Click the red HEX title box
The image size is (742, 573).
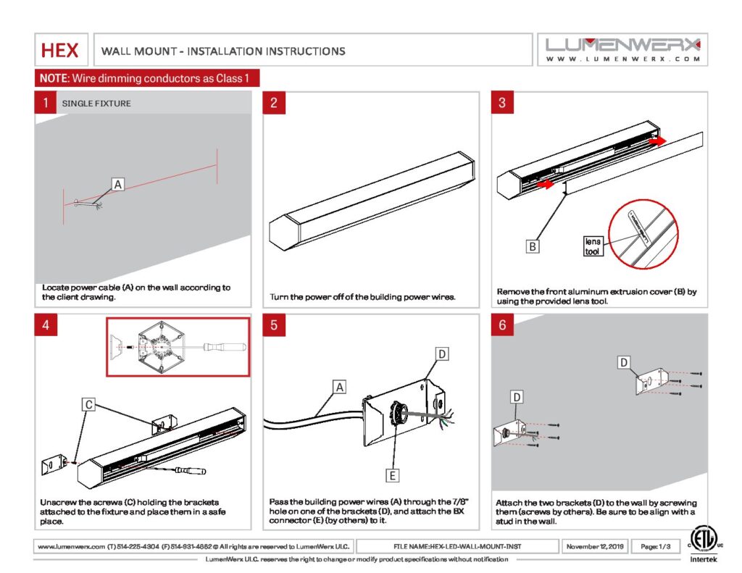(61, 50)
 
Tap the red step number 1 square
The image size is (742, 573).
(46, 103)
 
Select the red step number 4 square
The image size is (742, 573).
(46, 325)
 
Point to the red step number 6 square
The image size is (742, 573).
(502, 325)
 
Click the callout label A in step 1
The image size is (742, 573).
(117, 185)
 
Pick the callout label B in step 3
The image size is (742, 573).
(533, 247)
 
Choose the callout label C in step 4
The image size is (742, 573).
(88, 405)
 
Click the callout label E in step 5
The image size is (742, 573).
(392, 475)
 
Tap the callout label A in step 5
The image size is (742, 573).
(339, 387)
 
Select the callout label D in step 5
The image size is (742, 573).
(443, 354)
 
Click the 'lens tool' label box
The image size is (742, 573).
(593, 246)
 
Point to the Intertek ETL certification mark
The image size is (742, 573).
(701, 544)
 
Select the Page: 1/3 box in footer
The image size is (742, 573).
(655, 545)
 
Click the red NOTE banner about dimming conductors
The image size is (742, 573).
(147, 78)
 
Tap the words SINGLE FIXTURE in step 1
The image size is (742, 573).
(96, 104)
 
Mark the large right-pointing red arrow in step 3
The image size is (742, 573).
(657, 141)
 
